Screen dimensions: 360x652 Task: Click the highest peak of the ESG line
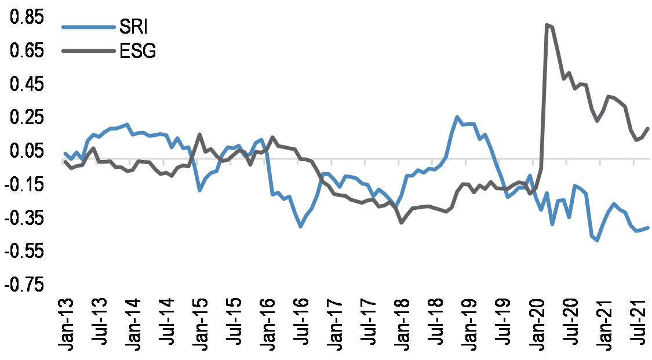tap(547, 25)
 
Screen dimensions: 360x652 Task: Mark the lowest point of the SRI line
tap(597, 240)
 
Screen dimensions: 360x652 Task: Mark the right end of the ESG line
tap(647, 129)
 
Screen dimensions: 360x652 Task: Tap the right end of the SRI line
tap(647, 228)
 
